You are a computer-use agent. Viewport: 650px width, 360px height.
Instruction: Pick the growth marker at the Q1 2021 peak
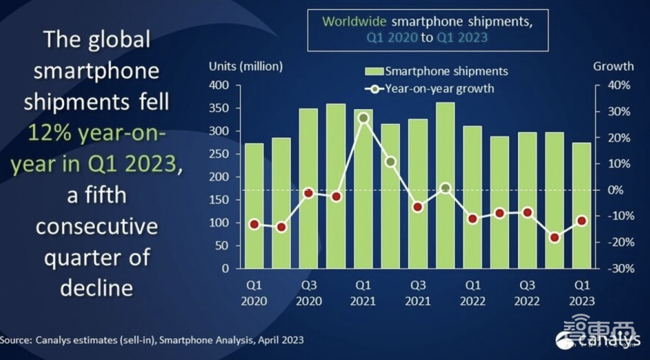tap(363, 118)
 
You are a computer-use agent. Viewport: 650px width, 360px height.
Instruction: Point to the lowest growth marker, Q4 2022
tap(554, 238)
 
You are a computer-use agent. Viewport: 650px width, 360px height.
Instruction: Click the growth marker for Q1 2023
tap(582, 221)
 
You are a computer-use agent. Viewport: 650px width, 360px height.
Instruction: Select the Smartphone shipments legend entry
tap(437, 71)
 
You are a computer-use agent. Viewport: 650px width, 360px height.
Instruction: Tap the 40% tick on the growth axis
tap(619, 85)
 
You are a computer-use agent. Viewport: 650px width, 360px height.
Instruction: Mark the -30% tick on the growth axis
tap(618, 268)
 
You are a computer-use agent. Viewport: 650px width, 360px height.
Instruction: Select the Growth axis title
tap(613, 66)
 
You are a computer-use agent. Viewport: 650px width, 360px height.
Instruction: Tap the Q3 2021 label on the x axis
tap(418, 292)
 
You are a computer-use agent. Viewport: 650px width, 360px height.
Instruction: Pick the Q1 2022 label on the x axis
tap(473, 292)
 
